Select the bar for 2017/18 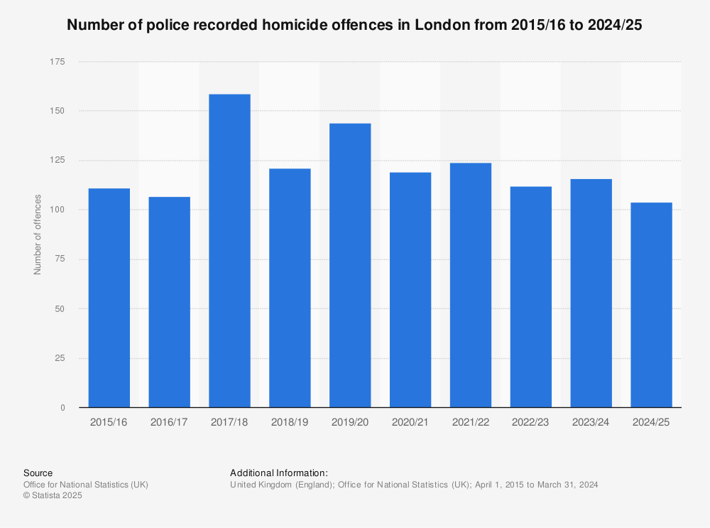229,251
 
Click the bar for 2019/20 350,265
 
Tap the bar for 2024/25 651,305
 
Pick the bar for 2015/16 109,298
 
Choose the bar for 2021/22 470,285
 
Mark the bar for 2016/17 169,302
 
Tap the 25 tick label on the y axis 60,358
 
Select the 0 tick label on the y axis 62,408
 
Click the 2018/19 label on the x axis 290,421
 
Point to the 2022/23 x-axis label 530,421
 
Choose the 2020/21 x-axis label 410,421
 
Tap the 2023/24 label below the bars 591,421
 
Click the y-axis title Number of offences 38,235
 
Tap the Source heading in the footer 38,473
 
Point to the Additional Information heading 278,473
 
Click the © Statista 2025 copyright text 53,496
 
